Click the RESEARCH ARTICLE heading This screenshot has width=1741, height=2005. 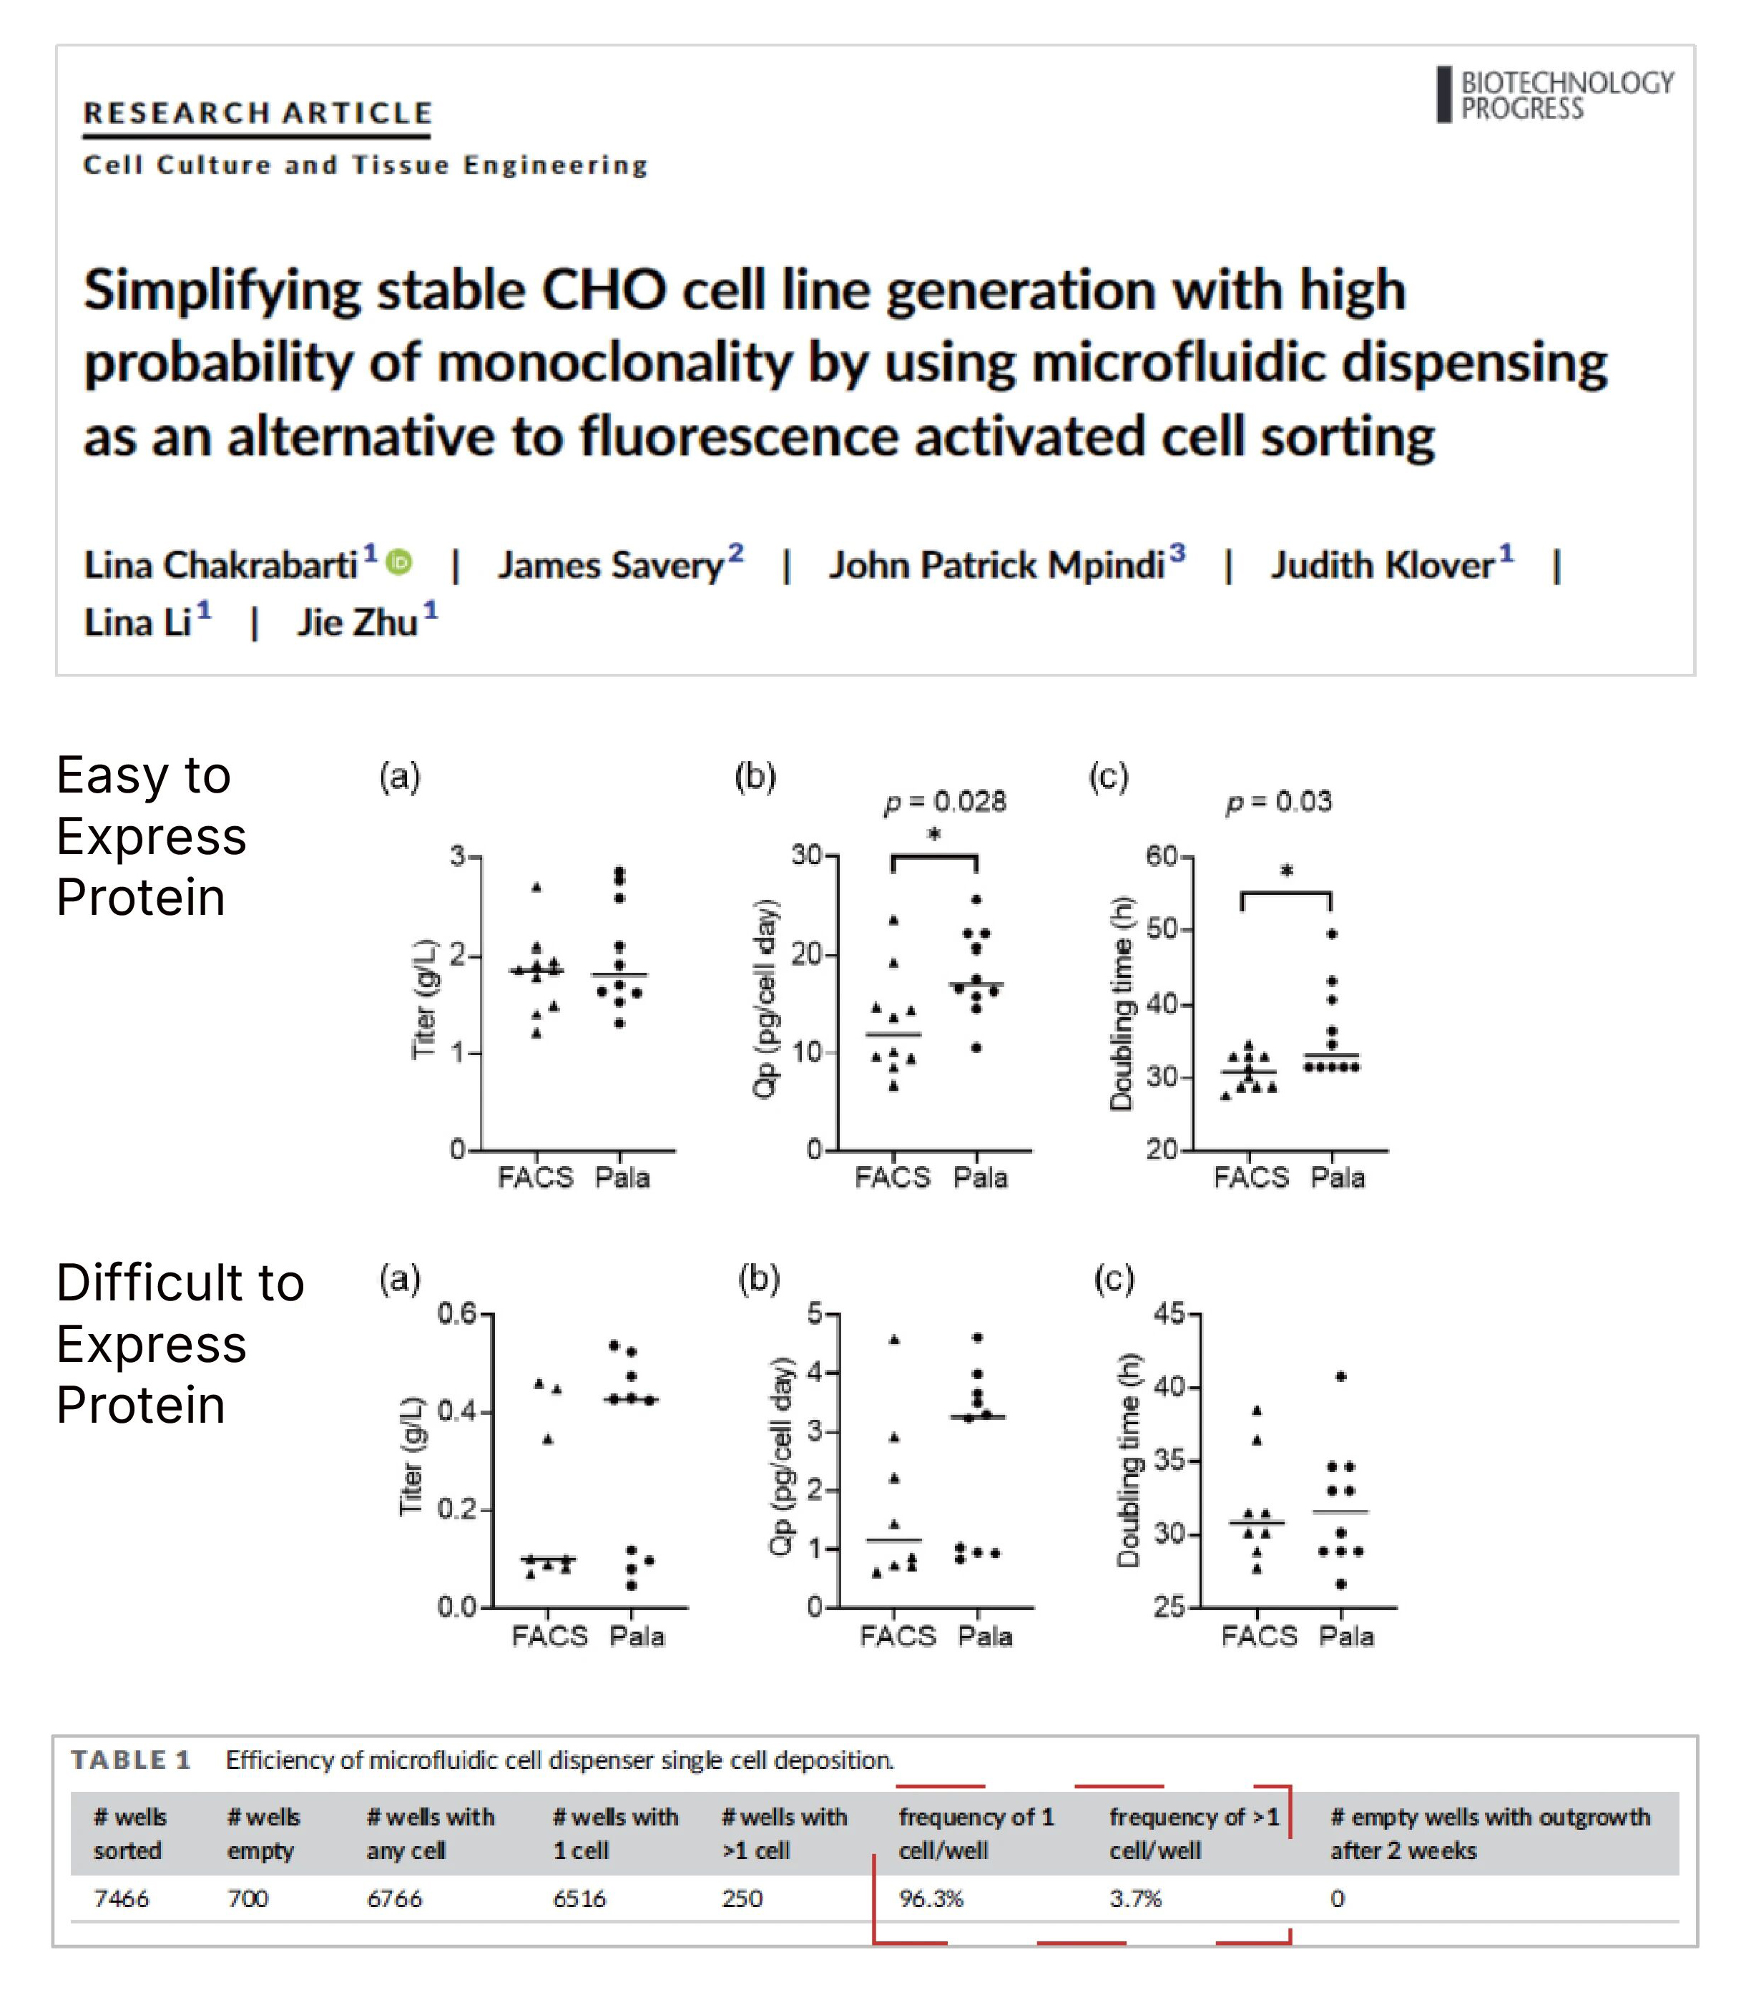tap(258, 113)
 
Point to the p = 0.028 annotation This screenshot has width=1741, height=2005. tap(944, 801)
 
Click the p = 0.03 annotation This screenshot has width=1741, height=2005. tap(1278, 801)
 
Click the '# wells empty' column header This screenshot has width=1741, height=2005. tap(263, 1833)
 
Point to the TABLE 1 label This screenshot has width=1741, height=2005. tap(131, 1759)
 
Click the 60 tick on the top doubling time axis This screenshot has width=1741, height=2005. tap(1162, 856)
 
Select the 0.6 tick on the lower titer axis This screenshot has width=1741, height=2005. tap(456, 1314)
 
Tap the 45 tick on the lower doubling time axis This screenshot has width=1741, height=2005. tap(1169, 1314)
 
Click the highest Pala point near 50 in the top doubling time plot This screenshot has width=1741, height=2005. tap(1332, 933)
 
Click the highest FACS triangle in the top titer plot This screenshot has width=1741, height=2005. tap(536, 887)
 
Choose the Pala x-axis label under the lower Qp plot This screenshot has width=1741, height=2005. tap(985, 1637)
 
